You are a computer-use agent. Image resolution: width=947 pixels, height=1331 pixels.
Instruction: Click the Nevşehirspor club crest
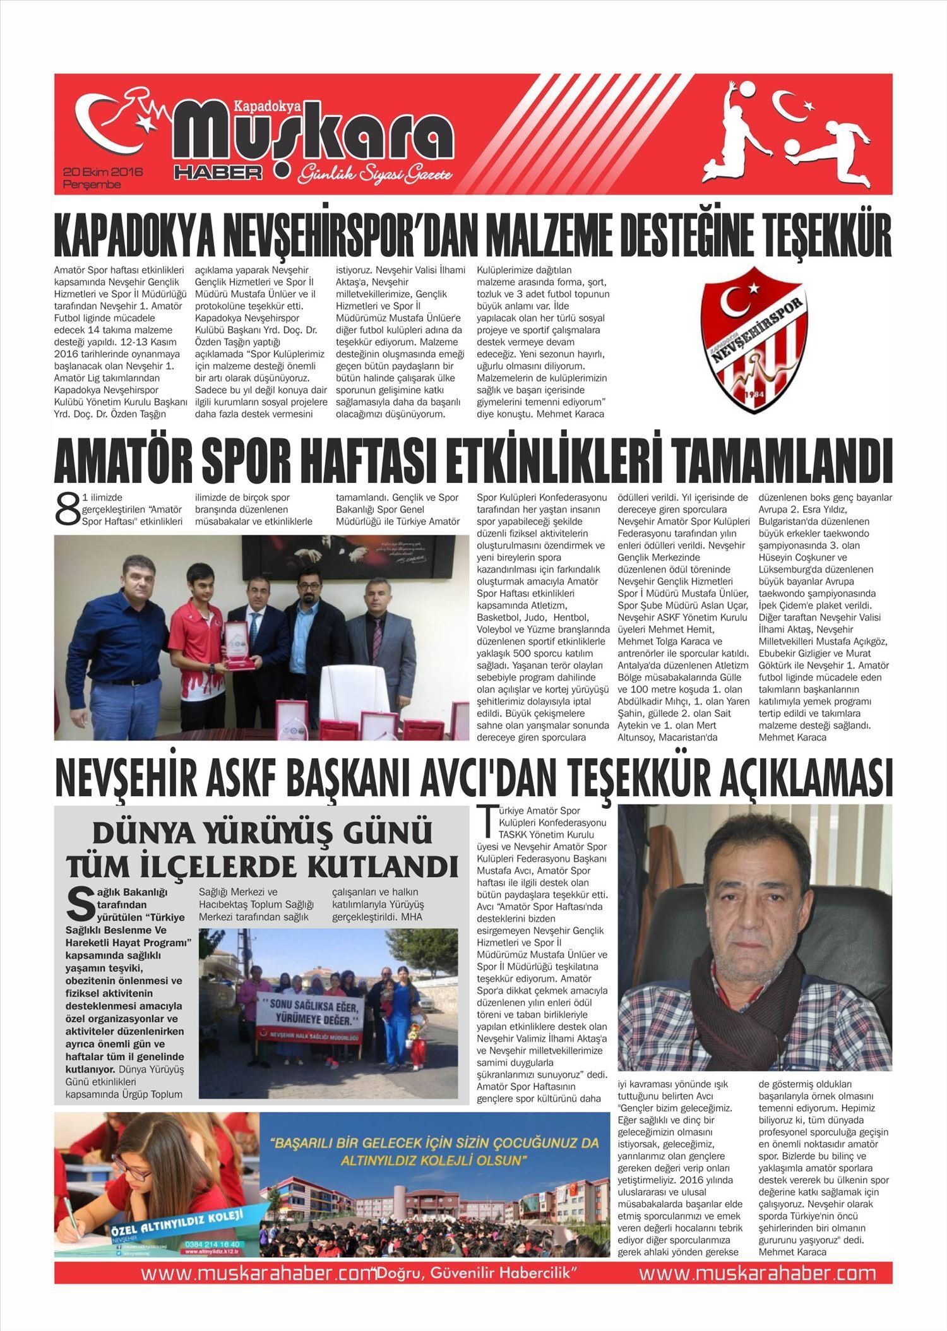pos(754,340)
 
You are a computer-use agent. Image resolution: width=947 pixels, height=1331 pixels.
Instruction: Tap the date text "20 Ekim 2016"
pos(103,172)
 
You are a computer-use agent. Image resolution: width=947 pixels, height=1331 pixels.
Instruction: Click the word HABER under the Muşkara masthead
pos(218,172)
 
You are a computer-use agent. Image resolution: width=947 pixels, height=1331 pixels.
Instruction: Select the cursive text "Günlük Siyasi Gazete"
pos(376,174)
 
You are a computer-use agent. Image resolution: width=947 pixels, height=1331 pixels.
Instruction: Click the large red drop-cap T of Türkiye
pos(485,820)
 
